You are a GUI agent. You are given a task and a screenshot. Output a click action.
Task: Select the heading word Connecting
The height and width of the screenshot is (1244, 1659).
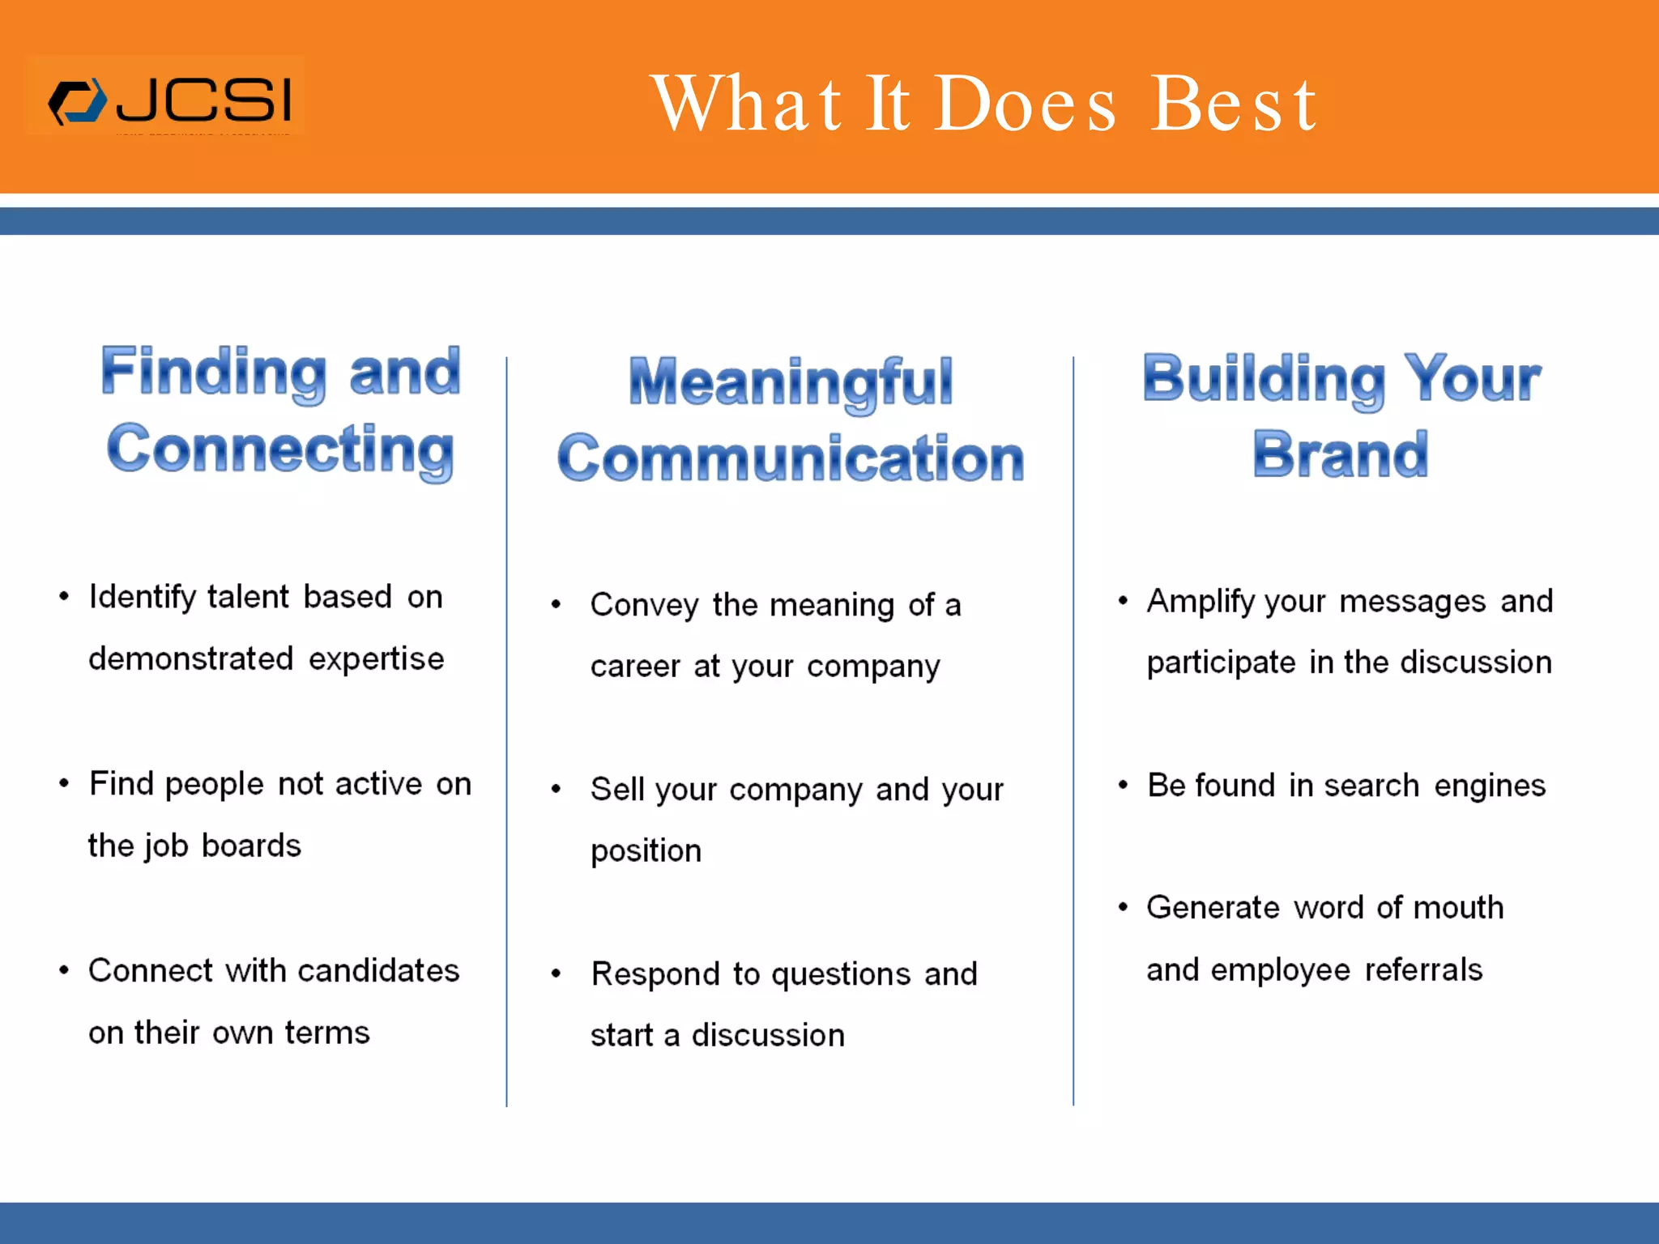[280, 449]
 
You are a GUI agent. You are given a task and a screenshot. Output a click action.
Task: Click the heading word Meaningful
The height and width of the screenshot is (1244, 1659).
[791, 381]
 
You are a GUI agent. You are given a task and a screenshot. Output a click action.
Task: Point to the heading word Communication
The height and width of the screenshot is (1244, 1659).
[791, 458]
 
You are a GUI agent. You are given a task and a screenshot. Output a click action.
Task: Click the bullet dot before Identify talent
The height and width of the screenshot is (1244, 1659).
[64, 597]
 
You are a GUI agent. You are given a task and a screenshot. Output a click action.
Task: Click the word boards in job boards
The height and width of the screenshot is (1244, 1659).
[251, 846]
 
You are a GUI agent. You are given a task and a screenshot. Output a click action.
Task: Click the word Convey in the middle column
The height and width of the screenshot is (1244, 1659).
[644, 605]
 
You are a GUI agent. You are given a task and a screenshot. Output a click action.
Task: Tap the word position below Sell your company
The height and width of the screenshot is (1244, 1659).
[646, 851]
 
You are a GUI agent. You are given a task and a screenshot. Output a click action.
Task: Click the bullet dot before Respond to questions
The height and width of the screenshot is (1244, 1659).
[556, 973]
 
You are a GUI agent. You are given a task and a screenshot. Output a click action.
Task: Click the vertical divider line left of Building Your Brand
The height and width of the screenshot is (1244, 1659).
[1073, 729]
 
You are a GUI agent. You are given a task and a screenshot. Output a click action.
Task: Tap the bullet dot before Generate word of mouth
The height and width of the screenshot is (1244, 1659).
[1123, 907]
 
